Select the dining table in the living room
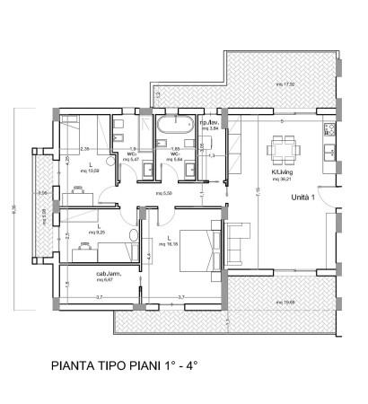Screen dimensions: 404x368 point(283,145)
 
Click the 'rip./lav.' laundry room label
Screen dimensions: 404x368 point(209,122)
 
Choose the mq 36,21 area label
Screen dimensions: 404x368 point(284,176)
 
